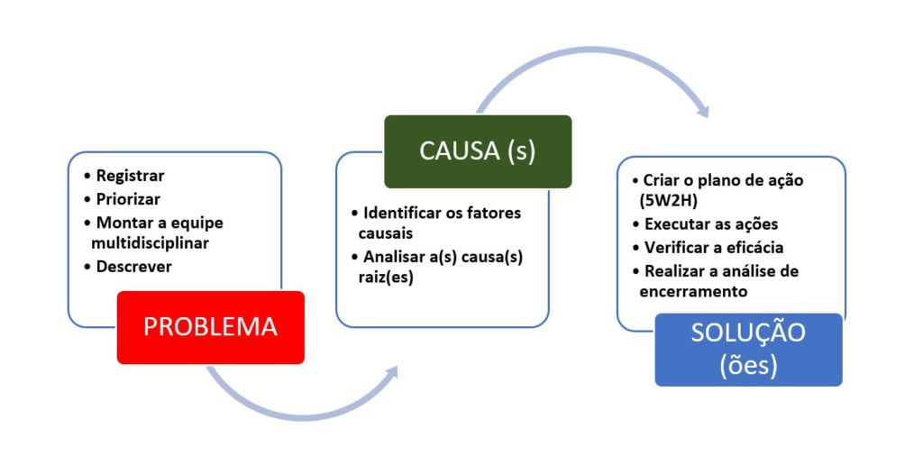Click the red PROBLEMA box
210,327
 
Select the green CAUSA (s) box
477,151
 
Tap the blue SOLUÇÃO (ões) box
748,350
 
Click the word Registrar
130,176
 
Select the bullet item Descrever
133,267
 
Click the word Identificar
405,214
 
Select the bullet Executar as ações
710,224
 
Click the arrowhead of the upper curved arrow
700,110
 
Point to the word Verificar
675,247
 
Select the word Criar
662,179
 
